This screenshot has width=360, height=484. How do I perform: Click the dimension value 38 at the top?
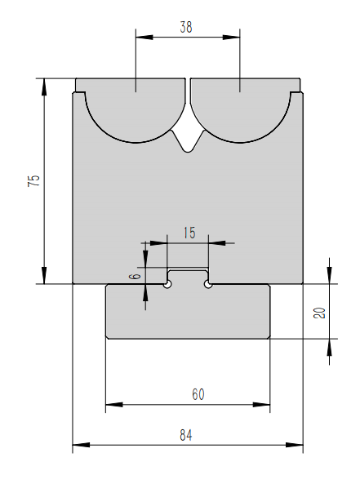187,27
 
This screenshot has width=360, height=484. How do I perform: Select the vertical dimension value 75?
33,181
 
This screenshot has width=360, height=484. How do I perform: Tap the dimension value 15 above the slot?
189,233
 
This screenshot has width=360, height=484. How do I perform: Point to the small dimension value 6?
136,276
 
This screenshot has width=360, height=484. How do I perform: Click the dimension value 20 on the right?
319,312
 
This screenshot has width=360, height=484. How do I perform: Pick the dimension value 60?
198,394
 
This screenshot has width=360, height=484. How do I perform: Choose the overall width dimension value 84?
187,436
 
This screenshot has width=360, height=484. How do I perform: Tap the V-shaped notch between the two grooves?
189,140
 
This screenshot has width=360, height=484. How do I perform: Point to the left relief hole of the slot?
167,284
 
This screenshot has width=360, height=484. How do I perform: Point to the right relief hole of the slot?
208,284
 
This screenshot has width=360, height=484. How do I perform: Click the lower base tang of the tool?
188,312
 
